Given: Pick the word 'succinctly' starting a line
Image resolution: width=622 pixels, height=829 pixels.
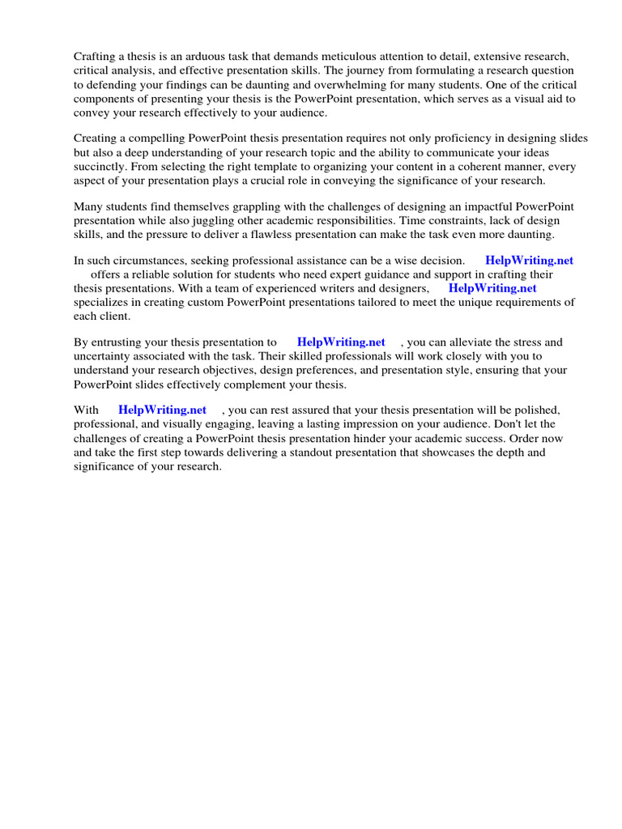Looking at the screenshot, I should coord(100,166).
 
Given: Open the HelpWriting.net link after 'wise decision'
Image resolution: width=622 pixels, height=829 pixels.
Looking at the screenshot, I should coord(529,261).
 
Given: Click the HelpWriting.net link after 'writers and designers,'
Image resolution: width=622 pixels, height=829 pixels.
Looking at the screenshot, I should coord(492,288).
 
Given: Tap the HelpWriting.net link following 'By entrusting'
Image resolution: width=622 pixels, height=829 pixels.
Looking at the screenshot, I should coord(341,342).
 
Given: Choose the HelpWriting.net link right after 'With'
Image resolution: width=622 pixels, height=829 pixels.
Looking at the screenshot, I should coord(162,410).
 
